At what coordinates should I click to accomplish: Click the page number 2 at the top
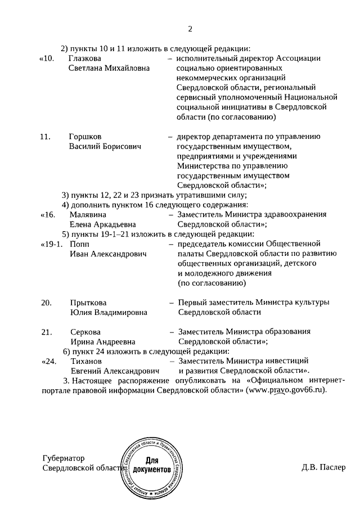coord(190,29)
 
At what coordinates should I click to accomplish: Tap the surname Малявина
coord(88,214)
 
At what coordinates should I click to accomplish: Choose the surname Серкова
coord(85,332)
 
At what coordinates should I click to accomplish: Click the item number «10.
coord(47,58)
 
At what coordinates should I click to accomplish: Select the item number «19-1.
coord(51,244)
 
